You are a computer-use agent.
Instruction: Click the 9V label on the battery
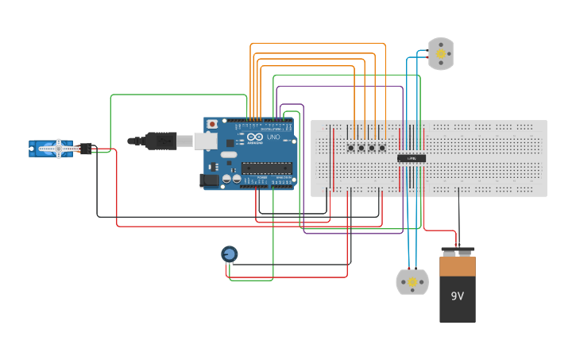tap(458, 296)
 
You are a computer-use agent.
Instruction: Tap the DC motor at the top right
tap(440, 54)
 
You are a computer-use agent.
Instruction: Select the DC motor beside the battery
tap(412, 282)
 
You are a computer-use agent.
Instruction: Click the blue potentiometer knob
tap(229, 254)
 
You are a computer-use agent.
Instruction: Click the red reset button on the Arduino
tap(212, 124)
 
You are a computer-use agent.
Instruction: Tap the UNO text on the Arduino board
tap(272, 137)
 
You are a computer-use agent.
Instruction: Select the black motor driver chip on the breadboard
tap(412, 158)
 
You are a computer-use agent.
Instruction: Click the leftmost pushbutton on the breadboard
tap(350, 148)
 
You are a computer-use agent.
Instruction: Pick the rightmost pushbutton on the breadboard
tap(382, 148)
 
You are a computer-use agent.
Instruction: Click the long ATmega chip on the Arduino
tap(267, 167)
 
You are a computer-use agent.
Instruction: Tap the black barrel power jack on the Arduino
tap(210, 180)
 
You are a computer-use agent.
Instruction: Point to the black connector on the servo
tap(86, 148)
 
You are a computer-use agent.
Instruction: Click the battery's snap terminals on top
tap(458, 252)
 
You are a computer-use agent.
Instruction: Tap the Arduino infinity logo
tap(253, 136)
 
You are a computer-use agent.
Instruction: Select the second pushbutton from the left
tap(361, 148)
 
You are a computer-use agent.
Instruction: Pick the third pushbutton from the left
tap(372, 148)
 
